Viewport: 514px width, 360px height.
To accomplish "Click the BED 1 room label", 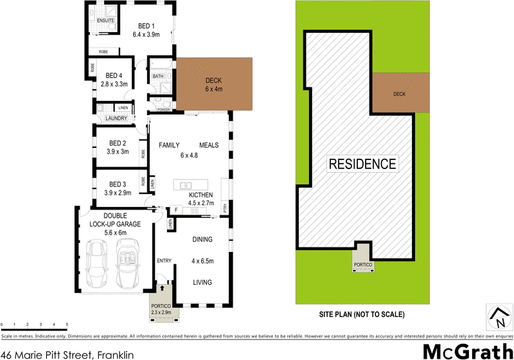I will click(x=145, y=26).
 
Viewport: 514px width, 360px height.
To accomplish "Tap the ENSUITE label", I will click(x=105, y=20).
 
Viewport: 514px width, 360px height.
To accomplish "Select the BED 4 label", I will click(x=114, y=75).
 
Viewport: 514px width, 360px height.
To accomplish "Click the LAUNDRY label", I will click(x=112, y=118).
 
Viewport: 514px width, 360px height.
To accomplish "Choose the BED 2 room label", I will click(x=117, y=143).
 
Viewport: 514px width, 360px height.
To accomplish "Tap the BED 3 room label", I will click(x=117, y=184).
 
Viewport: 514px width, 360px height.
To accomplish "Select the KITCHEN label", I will click(x=200, y=195).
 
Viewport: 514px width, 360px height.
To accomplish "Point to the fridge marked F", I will click(x=175, y=210).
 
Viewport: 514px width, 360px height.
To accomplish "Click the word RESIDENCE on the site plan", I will click(x=362, y=163).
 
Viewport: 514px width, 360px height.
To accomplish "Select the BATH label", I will click(x=157, y=77).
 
